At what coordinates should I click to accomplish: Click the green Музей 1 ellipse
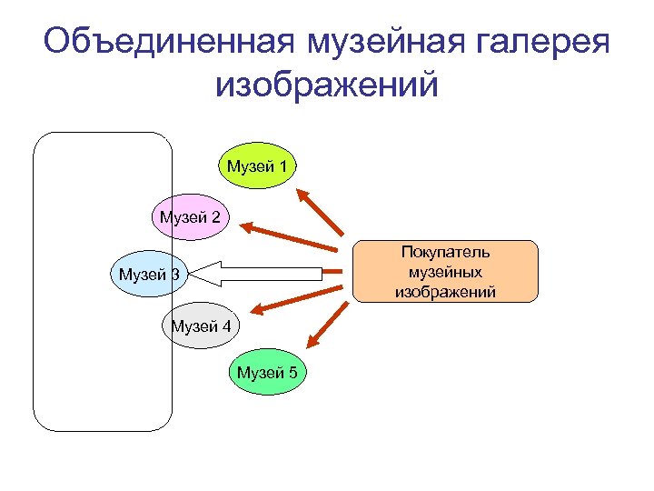point(257,165)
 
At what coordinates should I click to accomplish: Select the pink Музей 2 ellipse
point(190,216)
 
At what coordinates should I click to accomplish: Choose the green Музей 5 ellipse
point(268,372)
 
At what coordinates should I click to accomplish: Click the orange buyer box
point(445,271)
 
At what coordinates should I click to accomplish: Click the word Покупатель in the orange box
point(445,252)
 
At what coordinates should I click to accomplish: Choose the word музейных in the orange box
point(445,272)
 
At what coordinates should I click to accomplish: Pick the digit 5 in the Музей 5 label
point(294,372)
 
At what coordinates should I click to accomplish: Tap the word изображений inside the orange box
point(445,291)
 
